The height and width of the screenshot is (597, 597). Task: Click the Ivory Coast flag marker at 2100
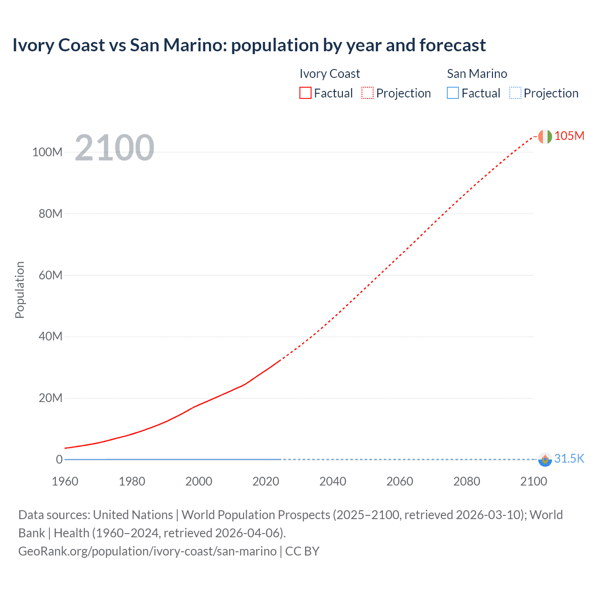point(545,137)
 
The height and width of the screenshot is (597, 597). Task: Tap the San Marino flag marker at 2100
point(545,459)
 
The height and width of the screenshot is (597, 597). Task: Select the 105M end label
point(569,136)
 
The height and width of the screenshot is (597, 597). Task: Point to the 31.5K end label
point(569,458)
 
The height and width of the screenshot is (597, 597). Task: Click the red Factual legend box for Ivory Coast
point(305,93)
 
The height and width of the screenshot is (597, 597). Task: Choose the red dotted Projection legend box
point(368,93)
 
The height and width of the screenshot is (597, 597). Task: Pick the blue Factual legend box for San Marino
point(453,93)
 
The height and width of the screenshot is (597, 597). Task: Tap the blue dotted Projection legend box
point(515,93)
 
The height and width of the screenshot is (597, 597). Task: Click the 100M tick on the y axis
point(47,152)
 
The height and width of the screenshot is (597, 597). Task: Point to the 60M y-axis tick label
point(50,275)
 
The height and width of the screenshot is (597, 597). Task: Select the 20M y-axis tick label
point(50,398)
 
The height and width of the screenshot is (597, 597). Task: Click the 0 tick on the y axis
point(59,459)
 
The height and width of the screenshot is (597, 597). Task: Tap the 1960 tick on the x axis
point(65,481)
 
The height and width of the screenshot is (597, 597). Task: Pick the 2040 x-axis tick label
point(333,481)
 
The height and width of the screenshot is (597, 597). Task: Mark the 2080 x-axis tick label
point(466,481)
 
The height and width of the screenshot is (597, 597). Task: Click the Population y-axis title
point(20,290)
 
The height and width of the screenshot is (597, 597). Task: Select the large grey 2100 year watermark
point(114,148)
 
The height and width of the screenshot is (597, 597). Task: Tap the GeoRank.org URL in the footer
point(147,551)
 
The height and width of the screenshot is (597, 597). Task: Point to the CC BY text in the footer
point(302,551)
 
